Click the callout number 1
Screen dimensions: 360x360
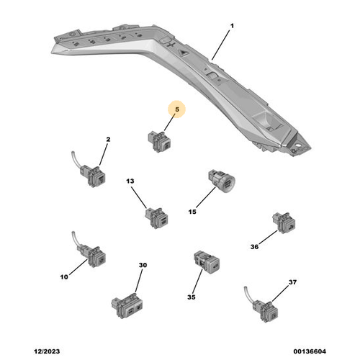click(232, 26)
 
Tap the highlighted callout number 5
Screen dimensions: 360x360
click(177, 109)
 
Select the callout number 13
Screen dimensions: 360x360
click(130, 181)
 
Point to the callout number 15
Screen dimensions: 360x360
click(192, 212)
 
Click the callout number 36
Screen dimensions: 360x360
click(254, 246)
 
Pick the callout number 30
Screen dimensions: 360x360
click(143, 265)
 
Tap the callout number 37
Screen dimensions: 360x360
click(292, 282)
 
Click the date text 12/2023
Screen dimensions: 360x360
click(47, 351)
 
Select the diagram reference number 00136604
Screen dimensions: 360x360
click(310, 351)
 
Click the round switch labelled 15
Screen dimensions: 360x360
click(221, 181)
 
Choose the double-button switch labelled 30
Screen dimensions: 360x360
click(127, 305)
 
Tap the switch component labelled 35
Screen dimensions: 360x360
click(207, 262)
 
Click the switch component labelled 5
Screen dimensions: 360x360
click(159, 142)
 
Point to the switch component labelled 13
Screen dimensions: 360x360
click(156, 217)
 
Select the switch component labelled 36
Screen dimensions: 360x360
click(284, 222)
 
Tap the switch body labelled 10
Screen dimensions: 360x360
click(94, 256)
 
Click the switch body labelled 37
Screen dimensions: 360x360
click(266, 311)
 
